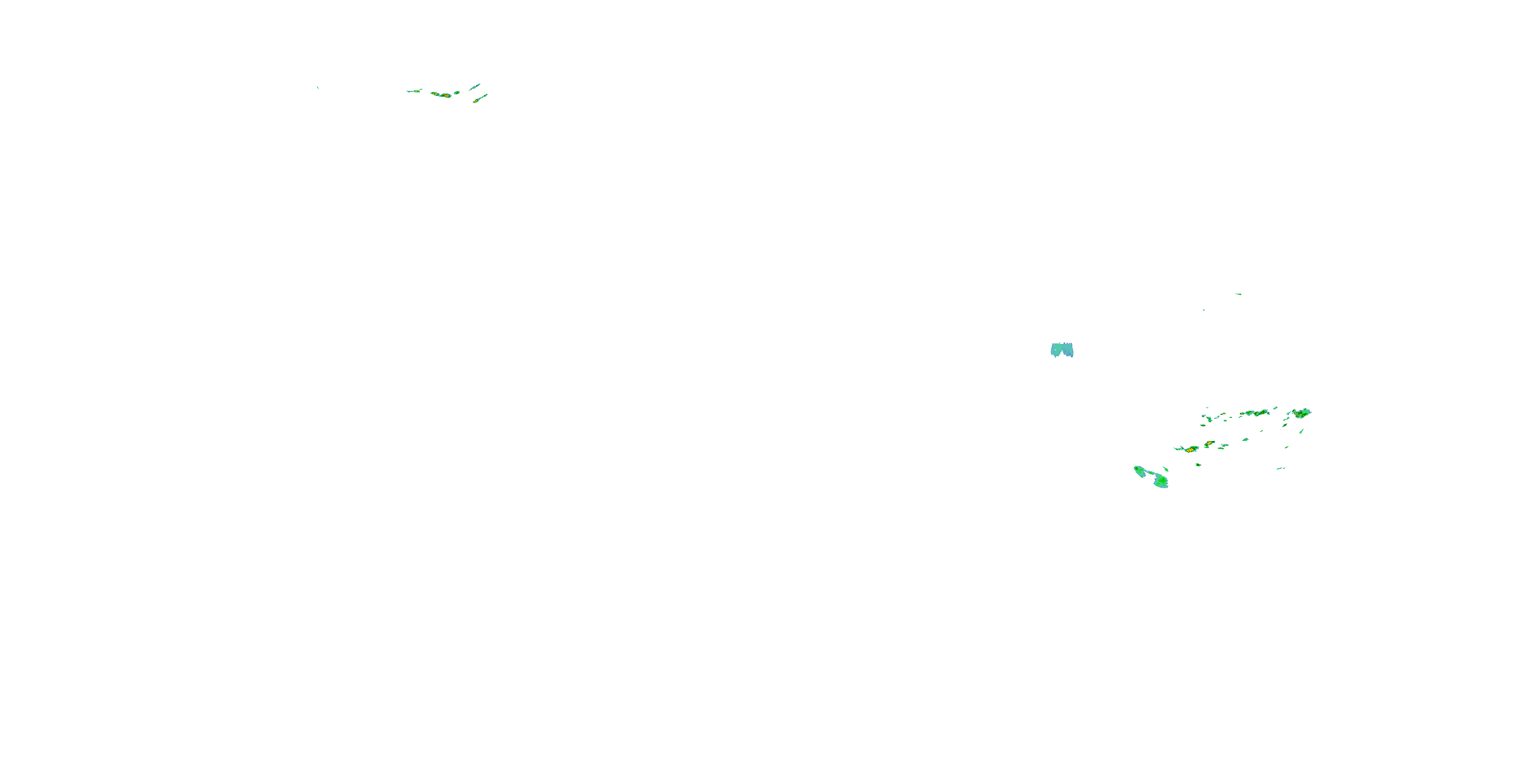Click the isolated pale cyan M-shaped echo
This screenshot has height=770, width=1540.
coord(1062,350)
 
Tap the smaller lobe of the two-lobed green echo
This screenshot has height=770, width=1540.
coord(1140,471)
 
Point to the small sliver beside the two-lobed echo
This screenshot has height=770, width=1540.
coord(1165,469)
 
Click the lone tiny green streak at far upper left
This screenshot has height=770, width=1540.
coord(317,88)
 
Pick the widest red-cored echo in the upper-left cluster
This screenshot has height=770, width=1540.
coord(443,95)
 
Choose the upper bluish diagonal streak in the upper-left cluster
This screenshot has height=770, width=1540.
coord(475,87)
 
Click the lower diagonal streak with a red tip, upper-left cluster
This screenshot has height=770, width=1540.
coord(479,99)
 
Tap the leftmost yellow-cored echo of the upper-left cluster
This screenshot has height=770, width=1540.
coord(414,91)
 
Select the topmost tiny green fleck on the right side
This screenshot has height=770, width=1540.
coord(1238,294)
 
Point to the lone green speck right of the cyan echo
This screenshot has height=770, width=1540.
coord(1203,310)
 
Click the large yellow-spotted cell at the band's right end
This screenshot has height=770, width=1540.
coord(1301,413)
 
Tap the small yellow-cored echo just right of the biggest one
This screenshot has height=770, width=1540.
coord(1209,444)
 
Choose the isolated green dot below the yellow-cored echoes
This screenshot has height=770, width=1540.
coord(1198,465)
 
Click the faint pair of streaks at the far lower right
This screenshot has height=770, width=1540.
coord(1281,468)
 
